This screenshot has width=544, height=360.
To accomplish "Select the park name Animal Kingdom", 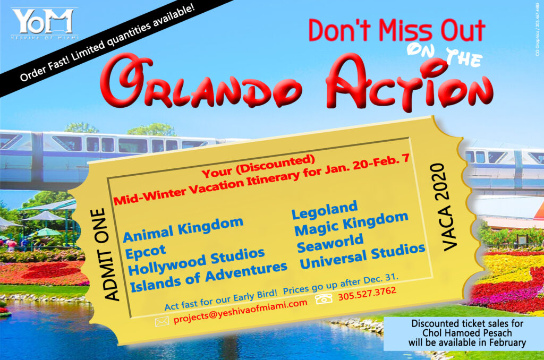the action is tap(183, 230).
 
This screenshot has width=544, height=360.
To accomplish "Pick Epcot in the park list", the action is tap(146, 252).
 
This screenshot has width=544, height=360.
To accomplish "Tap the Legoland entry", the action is tap(325, 210).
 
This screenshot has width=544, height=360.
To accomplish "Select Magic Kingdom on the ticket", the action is tap(351, 224).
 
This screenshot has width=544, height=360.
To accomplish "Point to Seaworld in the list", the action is tap(330, 243).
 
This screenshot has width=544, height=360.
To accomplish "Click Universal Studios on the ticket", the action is tap(362, 256).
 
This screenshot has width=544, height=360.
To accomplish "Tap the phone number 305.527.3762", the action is tap(367, 294).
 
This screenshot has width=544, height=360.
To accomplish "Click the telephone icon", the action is tap(324, 298).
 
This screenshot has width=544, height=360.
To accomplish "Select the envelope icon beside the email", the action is tap(161, 322).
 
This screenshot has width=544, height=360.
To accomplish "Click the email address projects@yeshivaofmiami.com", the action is tap(240, 311).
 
